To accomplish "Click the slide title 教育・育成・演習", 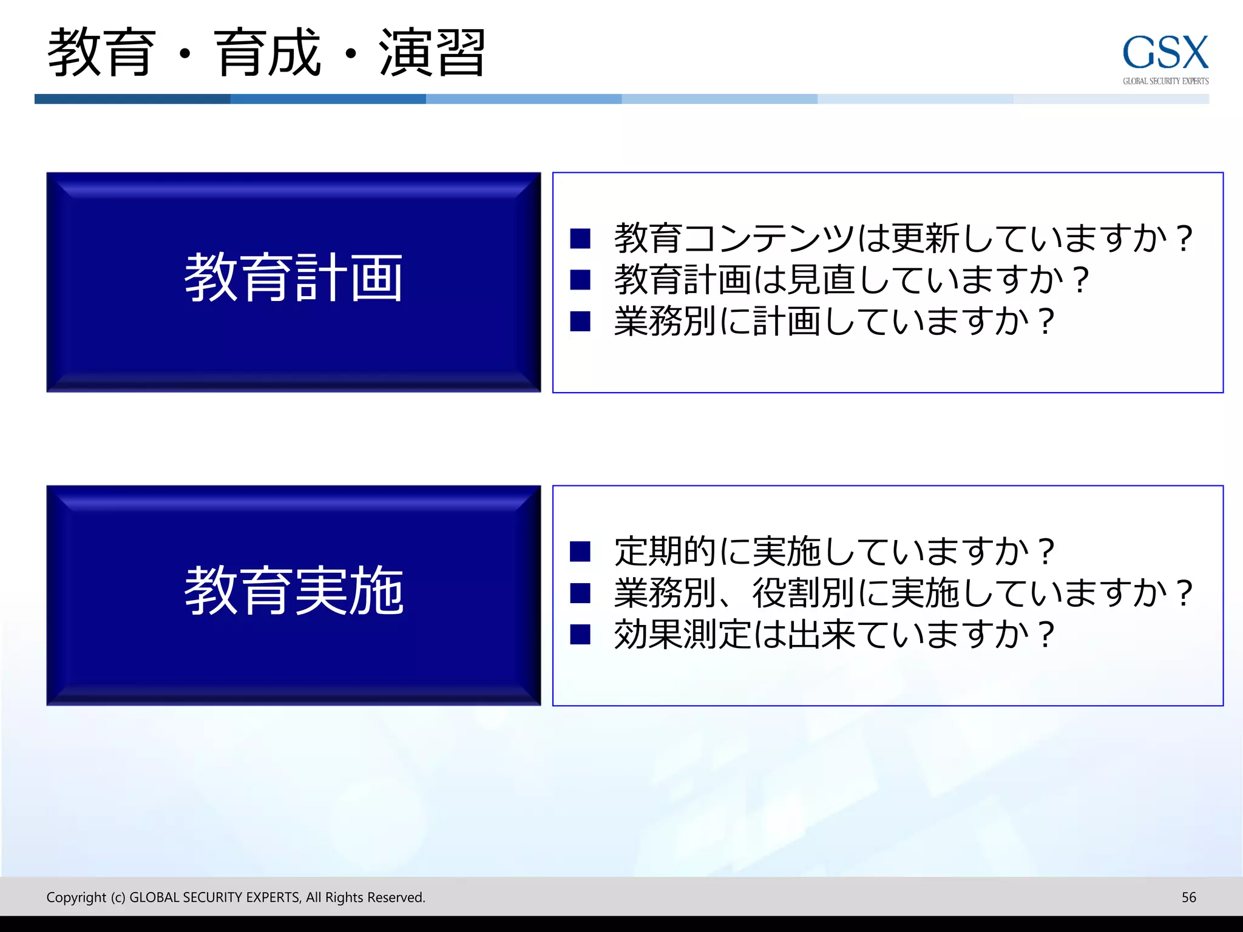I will tap(266, 53).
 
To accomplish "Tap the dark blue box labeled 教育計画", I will tap(294, 282).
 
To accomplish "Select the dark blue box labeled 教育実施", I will tap(294, 595).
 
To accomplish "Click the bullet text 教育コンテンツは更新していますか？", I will tap(904, 238).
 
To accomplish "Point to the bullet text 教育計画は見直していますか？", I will tap(852, 280).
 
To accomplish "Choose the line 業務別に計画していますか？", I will tap(835, 321).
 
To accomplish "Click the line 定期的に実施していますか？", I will tap(835, 552).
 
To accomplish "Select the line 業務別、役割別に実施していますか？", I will tap(904, 593).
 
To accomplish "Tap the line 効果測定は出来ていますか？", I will tap(835, 634).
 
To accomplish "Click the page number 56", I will tap(1188, 897).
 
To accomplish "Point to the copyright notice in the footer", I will tap(235, 897).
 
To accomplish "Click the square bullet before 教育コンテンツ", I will tap(580, 238).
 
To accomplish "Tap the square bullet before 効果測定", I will tap(580, 634).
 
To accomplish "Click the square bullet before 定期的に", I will tap(580, 552).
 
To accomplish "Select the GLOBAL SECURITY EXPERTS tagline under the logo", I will tap(1165, 81).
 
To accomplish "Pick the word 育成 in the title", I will tap(267, 53).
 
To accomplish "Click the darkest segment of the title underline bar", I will tap(132, 99).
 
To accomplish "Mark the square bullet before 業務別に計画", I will tap(580, 321).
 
